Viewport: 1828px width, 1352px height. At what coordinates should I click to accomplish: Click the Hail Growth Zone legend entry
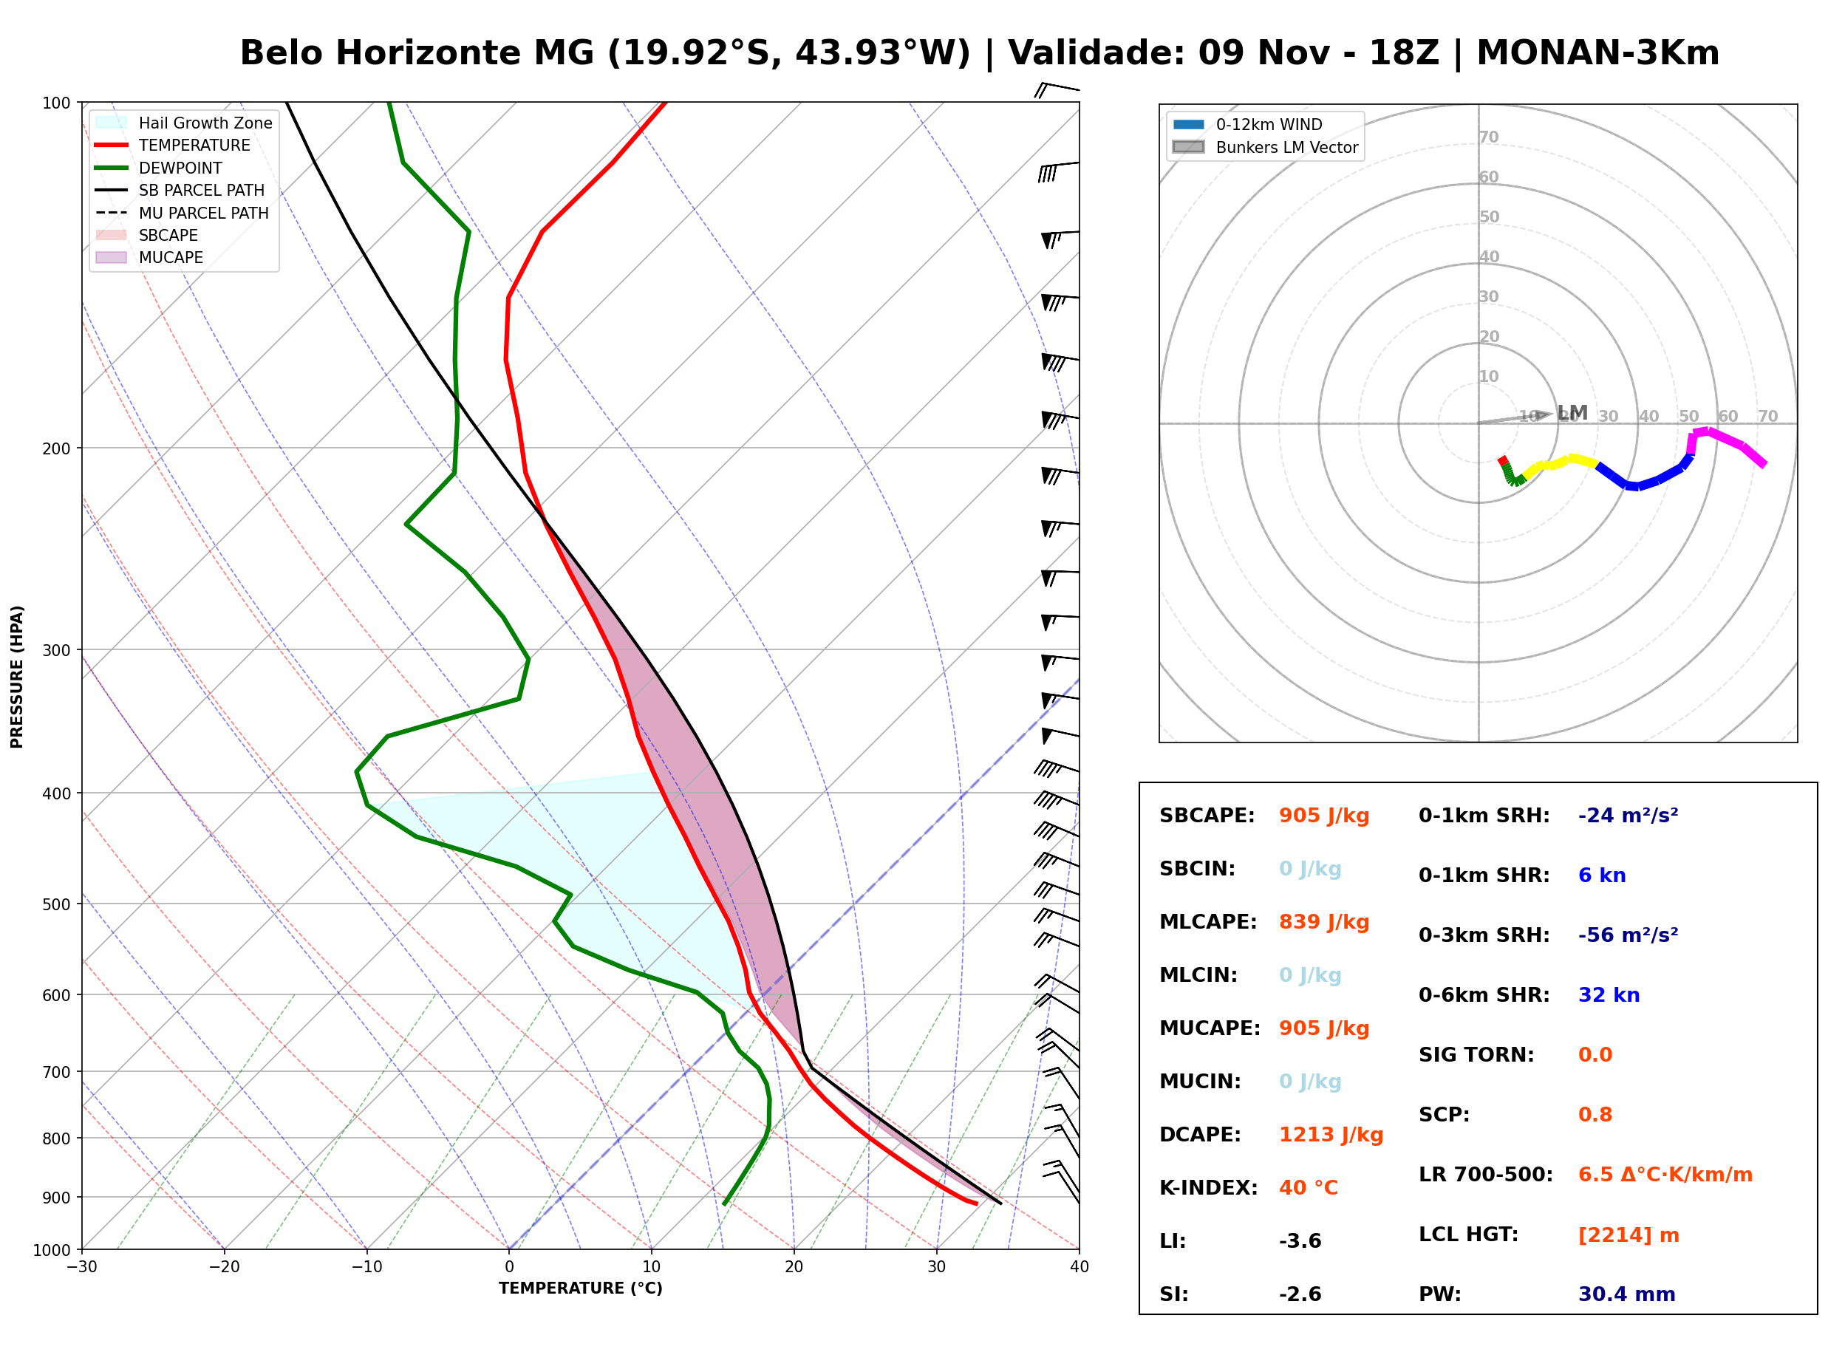click(184, 123)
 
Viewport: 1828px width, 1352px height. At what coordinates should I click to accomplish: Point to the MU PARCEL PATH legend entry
click(183, 213)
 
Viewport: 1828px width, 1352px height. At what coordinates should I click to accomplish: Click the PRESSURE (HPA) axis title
click(17, 677)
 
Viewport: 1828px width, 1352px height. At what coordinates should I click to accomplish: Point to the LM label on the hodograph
click(1572, 412)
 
